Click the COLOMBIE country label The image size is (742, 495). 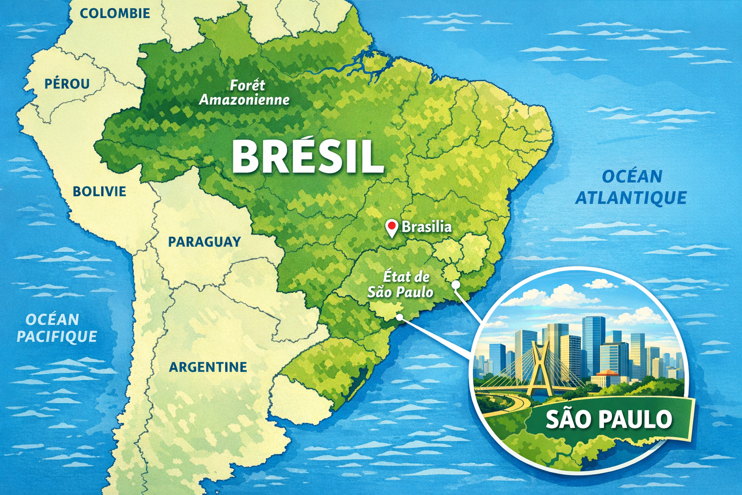click(114, 13)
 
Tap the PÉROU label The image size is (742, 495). click(67, 84)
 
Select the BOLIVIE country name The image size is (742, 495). click(99, 191)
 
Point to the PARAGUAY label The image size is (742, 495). click(204, 242)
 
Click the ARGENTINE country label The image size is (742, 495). click(208, 367)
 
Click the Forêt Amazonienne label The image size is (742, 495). click(245, 92)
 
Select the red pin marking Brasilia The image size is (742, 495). click(392, 227)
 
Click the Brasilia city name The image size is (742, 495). click(427, 227)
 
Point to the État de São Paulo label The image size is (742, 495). click(400, 284)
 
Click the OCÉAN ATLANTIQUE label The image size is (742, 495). click(631, 187)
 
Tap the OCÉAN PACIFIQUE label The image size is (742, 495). click(57, 328)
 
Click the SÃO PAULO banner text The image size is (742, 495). click(609, 419)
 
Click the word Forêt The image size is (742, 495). click(247, 85)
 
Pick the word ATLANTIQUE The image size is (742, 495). click(631, 198)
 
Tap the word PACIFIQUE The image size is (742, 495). click(57, 336)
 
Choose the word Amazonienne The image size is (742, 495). click(245, 100)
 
